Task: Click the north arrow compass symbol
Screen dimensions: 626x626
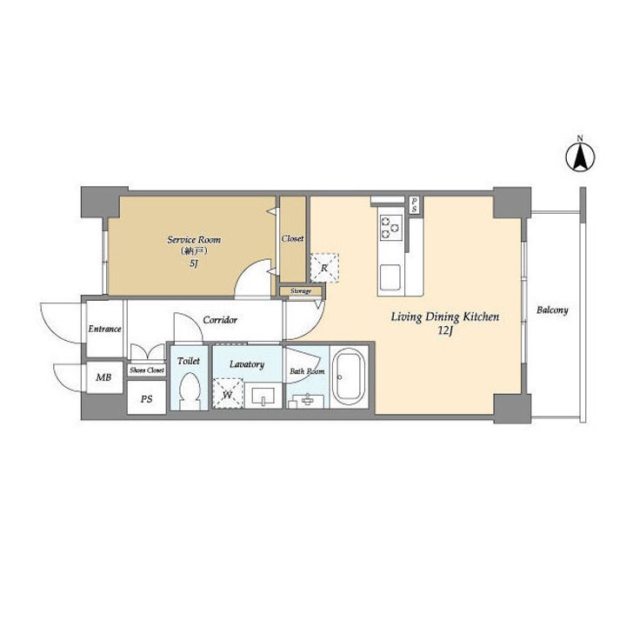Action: coord(580,156)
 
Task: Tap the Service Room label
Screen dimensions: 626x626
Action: coord(194,240)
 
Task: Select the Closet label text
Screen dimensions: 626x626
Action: coord(293,238)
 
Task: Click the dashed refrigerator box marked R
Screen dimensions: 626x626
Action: coord(324,268)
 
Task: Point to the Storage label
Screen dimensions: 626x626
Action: coord(301,291)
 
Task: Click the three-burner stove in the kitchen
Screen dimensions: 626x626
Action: coord(390,227)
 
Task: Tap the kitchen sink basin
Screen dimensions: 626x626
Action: coord(390,277)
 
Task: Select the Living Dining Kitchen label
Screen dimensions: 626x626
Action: coord(445,317)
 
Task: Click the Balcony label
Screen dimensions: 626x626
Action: coord(552,310)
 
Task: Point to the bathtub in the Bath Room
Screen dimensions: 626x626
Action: coord(349,376)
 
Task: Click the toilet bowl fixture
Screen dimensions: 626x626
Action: coord(189,391)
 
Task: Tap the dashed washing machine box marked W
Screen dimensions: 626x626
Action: coord(228,393)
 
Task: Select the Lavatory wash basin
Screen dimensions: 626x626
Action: coord(263,396)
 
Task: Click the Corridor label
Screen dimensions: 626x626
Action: coord(220,320)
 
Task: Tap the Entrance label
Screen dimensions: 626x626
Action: coord(104,329)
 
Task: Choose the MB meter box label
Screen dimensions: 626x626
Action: coord(103,376)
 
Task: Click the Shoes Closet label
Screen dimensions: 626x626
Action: coord(147,370)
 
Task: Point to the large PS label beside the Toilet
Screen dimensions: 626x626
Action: coord(147,399)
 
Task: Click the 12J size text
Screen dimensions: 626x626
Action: coord(445,331)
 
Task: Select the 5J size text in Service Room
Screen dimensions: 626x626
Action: coord(194,263)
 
